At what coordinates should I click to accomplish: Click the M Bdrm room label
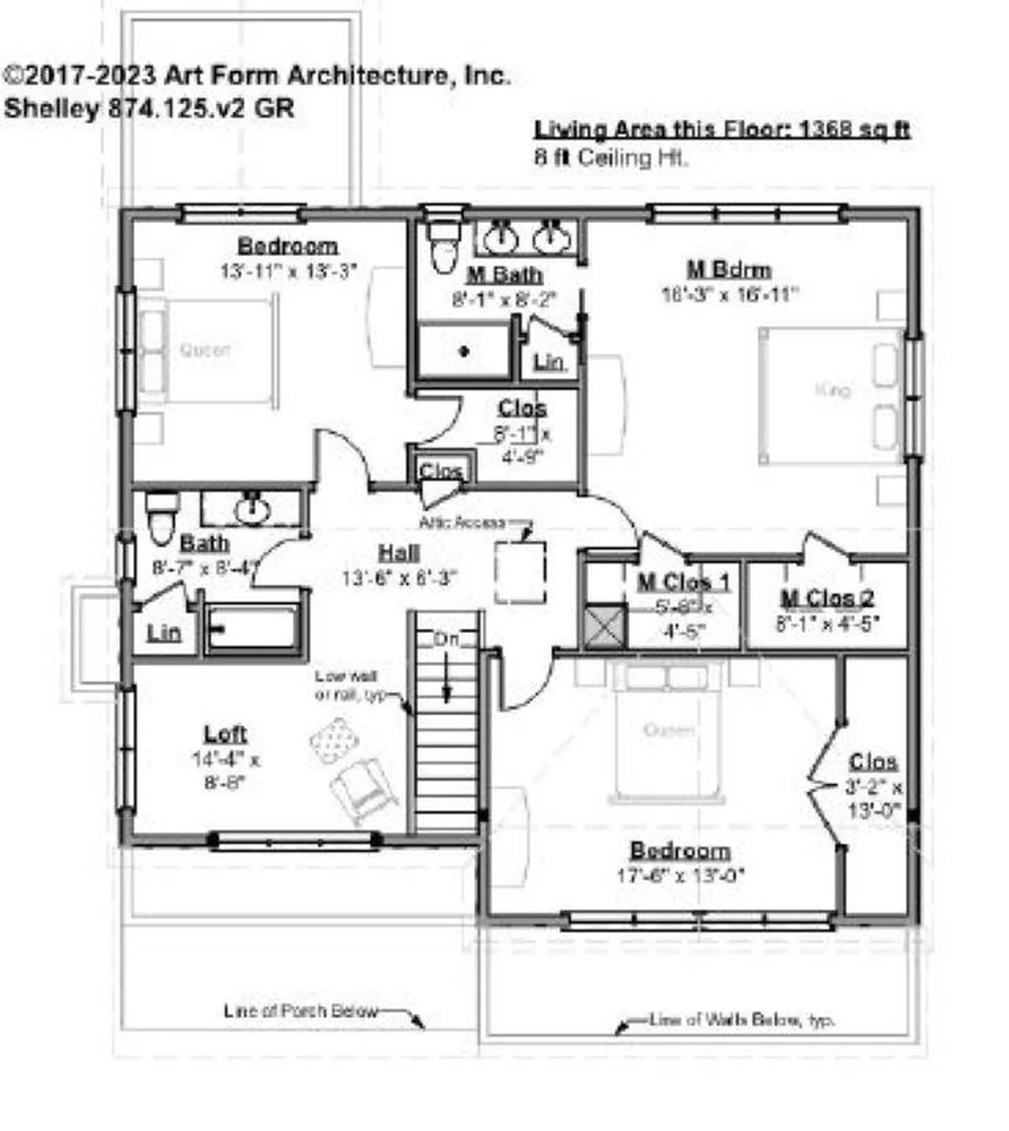(x=729, y=269)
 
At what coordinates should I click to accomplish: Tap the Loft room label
(x=225, y=734)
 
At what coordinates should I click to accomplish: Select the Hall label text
(x=399, y=553)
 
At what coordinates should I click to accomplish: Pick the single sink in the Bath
(x=252, y=509)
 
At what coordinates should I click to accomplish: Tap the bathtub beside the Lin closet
(x=253, y=628)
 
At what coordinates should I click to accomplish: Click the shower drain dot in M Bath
(x=464, y=352)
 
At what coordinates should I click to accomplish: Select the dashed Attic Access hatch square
(x=520, y=572)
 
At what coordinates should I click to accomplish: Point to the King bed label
(x=833, y=390)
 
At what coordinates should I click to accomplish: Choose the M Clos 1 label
(x=683, y=582)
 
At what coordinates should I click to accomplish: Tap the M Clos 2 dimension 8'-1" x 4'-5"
(x=827, y=623)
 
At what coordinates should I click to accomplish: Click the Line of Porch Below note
(x=300, y=1011)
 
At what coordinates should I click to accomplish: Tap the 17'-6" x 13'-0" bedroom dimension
(x=680, y=875)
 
